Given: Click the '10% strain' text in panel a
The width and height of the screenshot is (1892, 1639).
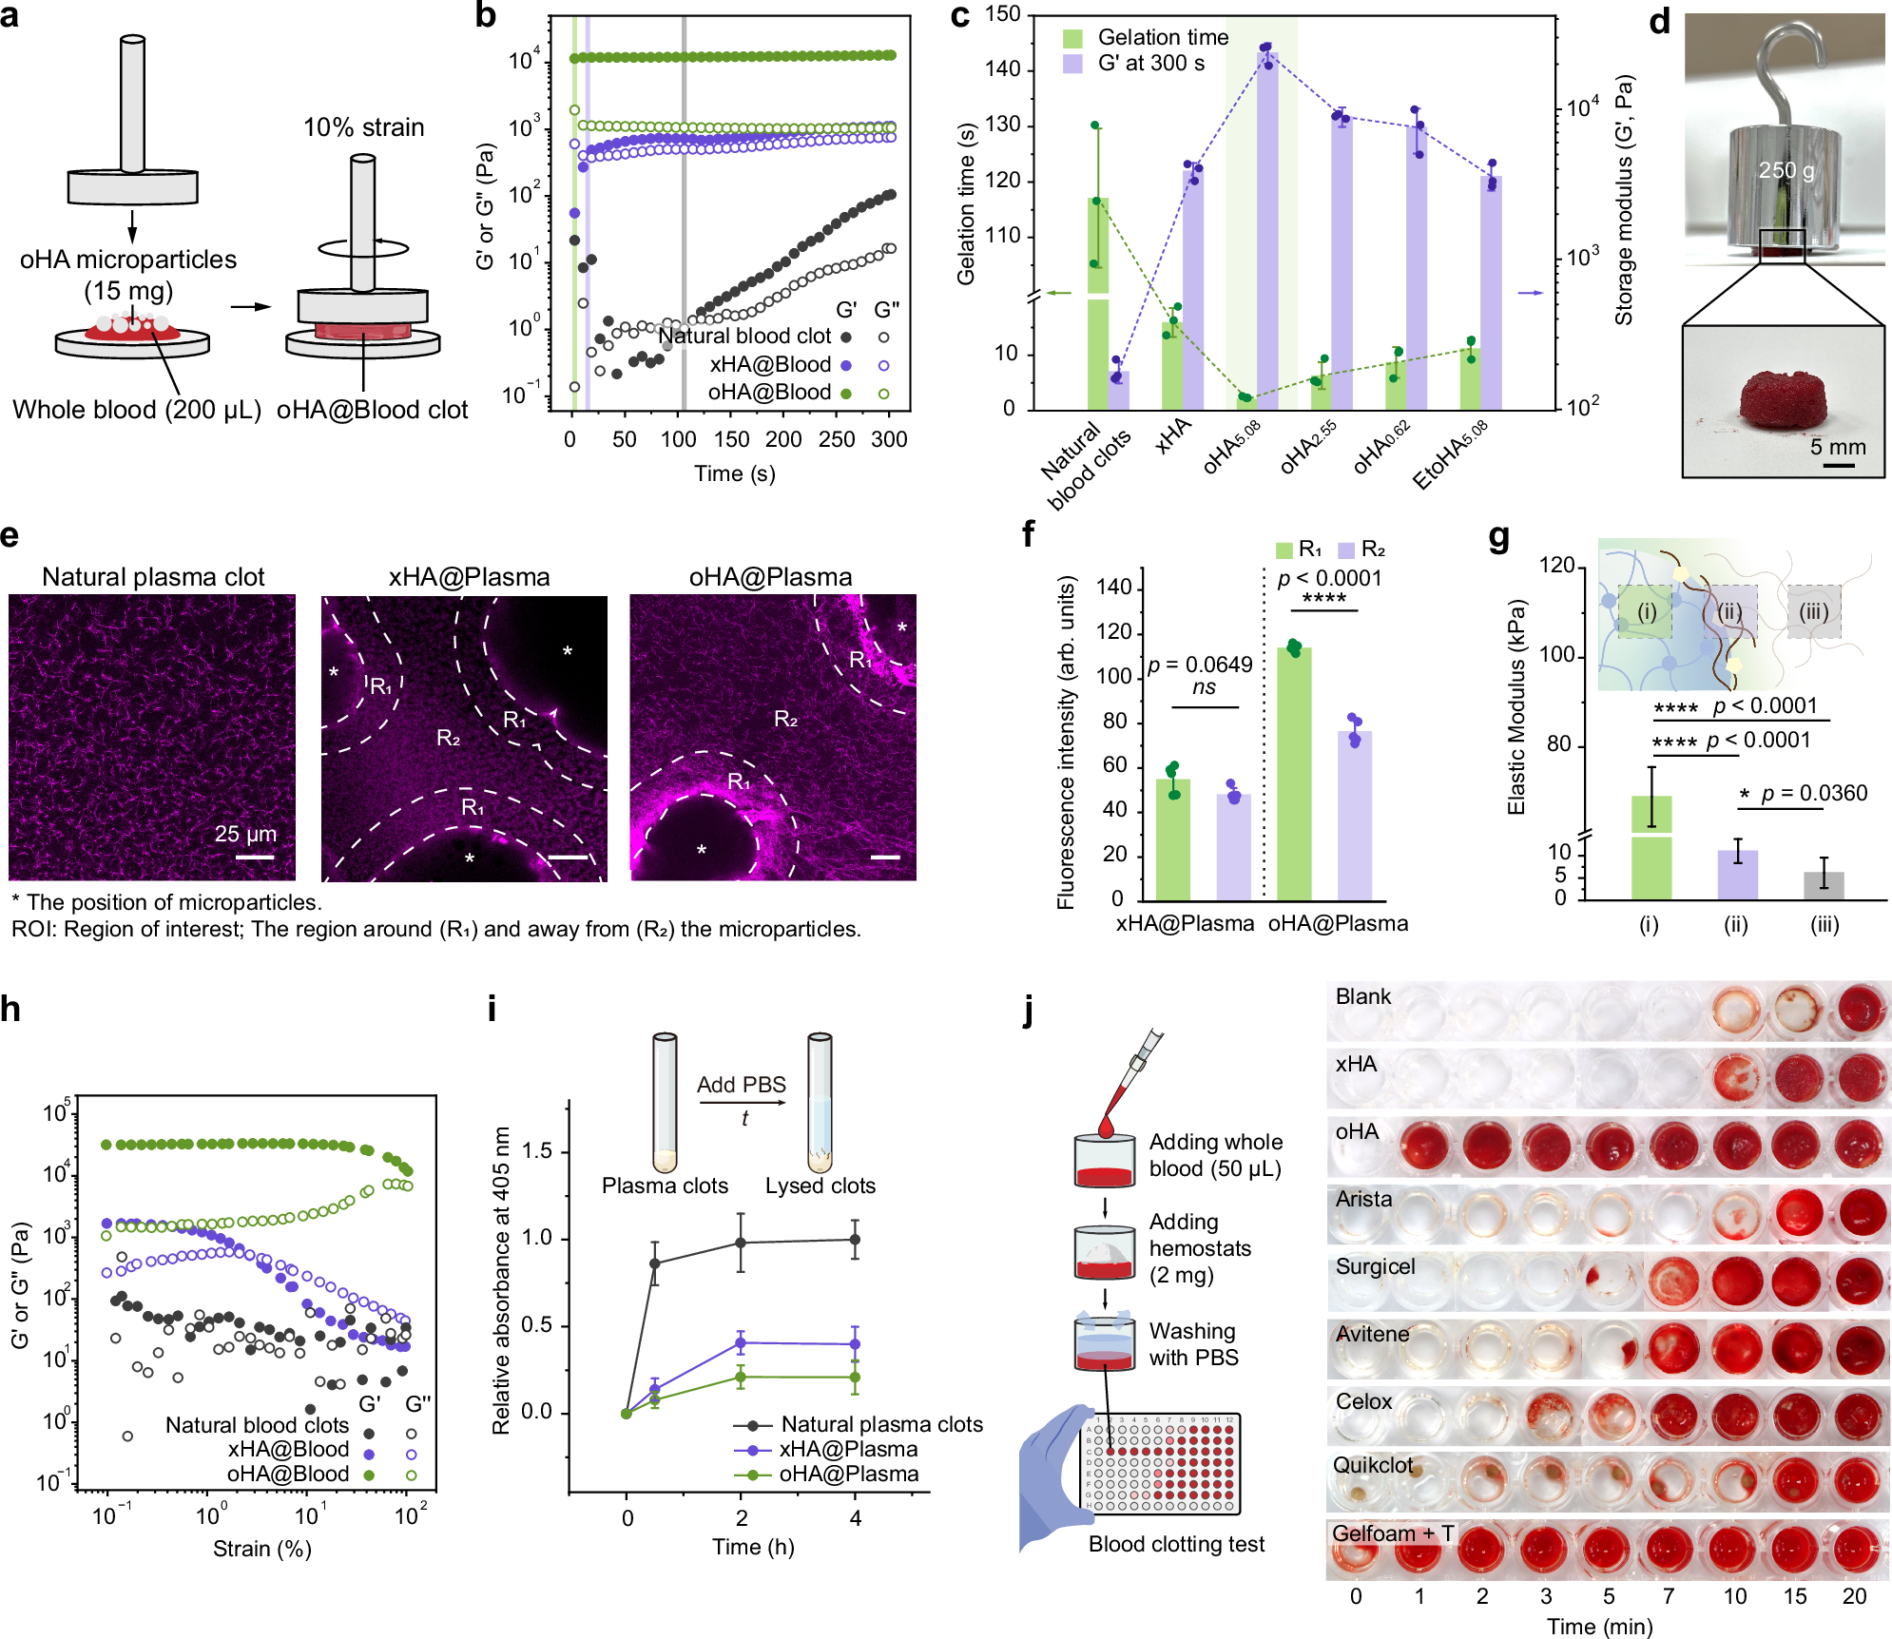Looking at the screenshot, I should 363,127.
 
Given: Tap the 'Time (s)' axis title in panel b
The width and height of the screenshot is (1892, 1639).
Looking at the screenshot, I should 734,473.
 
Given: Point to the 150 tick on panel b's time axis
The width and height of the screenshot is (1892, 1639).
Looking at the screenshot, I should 731,439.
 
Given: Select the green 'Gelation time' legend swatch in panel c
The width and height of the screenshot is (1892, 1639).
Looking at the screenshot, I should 1072,38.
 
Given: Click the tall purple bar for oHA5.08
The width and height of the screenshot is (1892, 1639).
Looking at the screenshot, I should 1267,228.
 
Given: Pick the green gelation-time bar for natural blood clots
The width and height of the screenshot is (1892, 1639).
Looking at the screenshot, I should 1097,304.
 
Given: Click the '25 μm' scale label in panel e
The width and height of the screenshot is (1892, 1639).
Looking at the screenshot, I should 245,834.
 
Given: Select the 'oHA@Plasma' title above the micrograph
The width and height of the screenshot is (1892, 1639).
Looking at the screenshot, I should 770,577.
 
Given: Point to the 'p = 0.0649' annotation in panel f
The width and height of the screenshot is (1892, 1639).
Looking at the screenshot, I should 1200,665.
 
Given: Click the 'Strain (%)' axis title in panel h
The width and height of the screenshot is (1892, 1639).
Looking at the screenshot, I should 261,1549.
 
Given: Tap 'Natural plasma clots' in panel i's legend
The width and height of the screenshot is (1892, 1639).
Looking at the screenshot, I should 881,1424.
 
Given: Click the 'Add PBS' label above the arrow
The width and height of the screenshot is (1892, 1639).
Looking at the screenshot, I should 741,1085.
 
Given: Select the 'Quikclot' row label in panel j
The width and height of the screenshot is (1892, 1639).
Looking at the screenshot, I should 1372,1465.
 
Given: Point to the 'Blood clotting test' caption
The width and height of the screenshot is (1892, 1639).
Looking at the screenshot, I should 1176,1544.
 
